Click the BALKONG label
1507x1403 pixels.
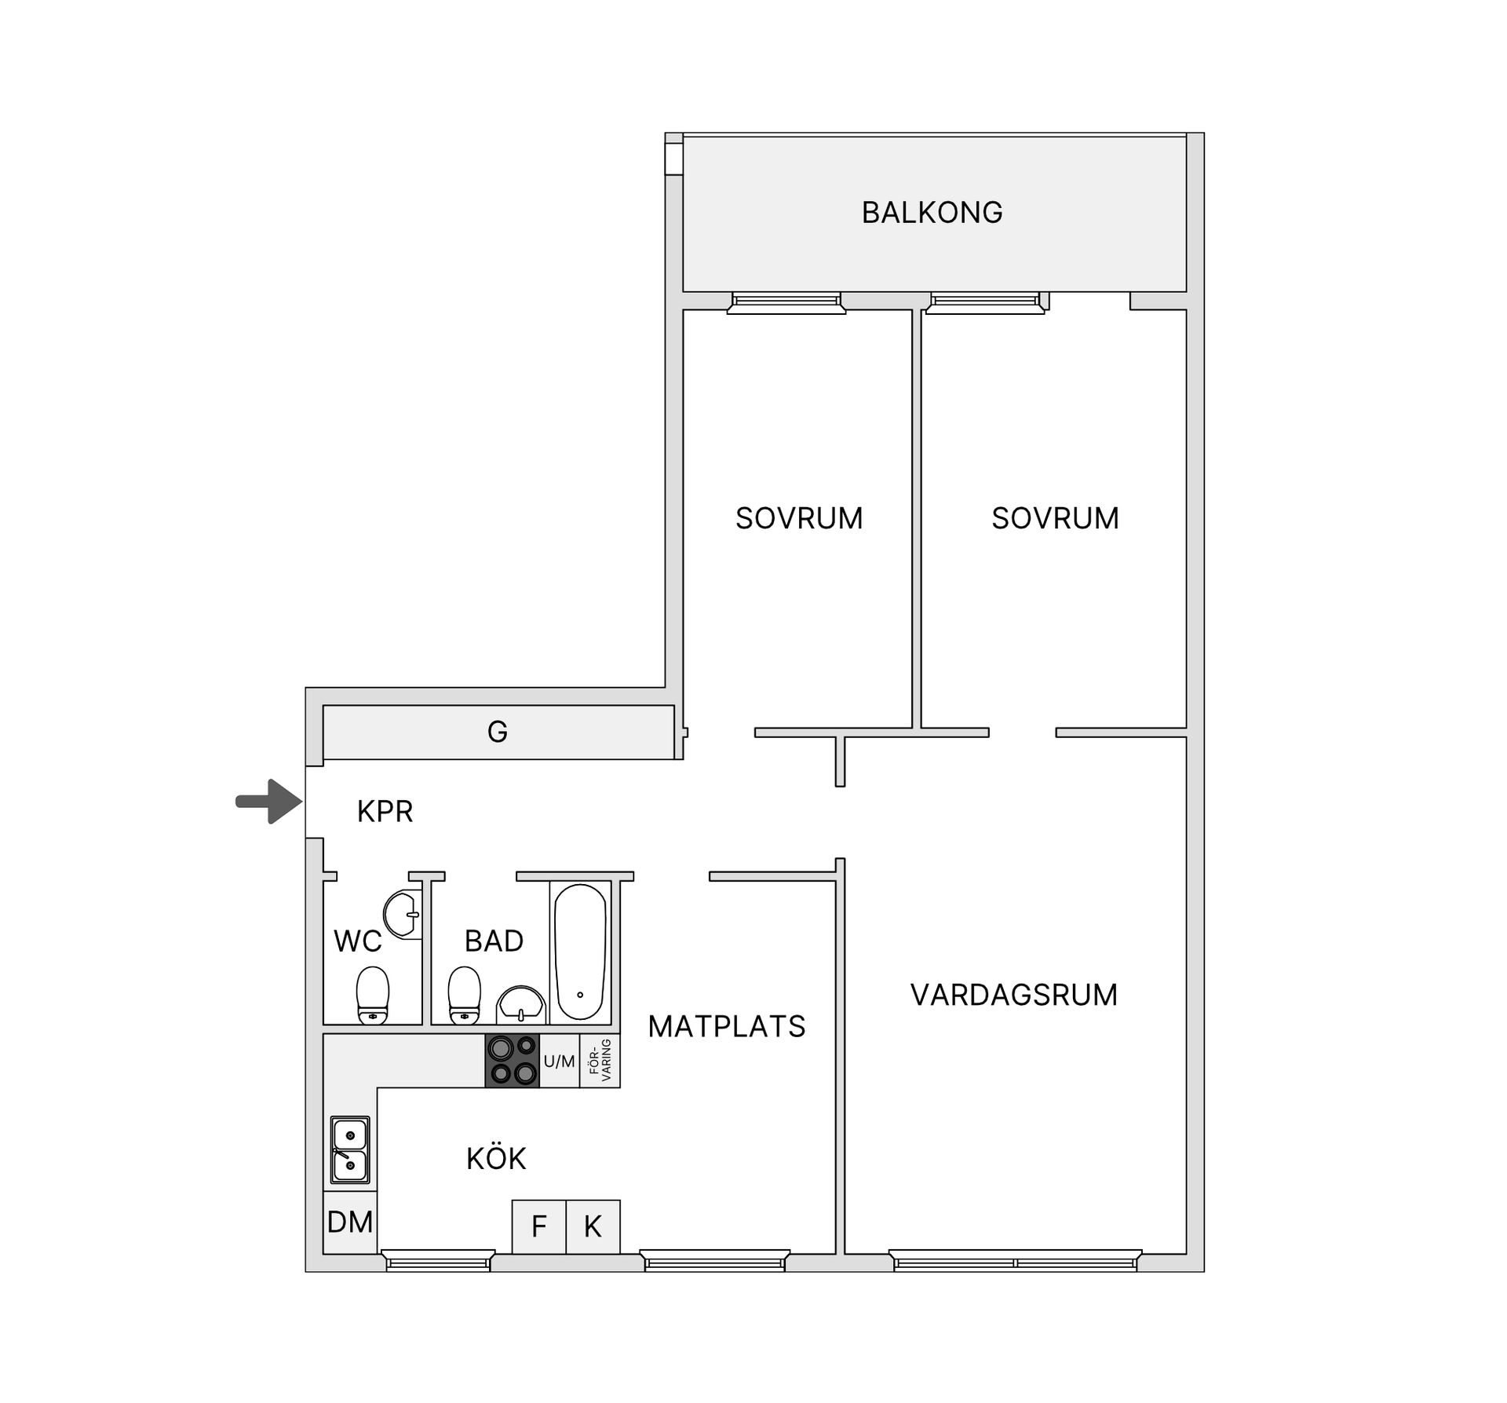pos(932,213)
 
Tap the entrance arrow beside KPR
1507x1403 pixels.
pos(269,802)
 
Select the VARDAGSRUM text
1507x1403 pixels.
pos(1014,995)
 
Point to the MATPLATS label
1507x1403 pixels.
pos(727,1026)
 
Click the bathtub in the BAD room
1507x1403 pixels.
pos(580,952)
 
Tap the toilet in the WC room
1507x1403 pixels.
pos(373,996)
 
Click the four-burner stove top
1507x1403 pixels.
pos(513,1061)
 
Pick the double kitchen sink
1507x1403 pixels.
pos(350,1150)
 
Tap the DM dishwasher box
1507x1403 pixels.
pos(350,1222)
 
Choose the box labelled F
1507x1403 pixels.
pos(538,1226)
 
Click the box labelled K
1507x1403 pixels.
pos(593,1226)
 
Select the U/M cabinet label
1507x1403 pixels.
pos(560,1061)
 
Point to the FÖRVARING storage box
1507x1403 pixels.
pos(600,1061)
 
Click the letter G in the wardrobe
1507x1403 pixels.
pos(498,732)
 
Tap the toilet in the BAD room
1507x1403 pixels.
pos(465,996)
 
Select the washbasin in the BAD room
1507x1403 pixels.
pos(521,1006)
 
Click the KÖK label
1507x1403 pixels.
pos(496,1158)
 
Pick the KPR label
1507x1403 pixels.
pos(385,811)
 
